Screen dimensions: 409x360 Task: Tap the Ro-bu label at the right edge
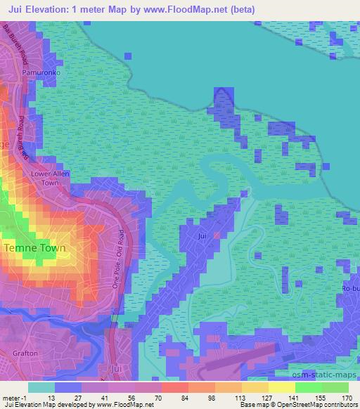click(x=349, y=288)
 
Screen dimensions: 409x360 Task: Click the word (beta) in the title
click(x=239, y=10)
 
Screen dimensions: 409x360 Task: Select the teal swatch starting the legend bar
click(x=41, y=387)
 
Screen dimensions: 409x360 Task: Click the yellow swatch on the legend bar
click(x=281, y=387)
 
